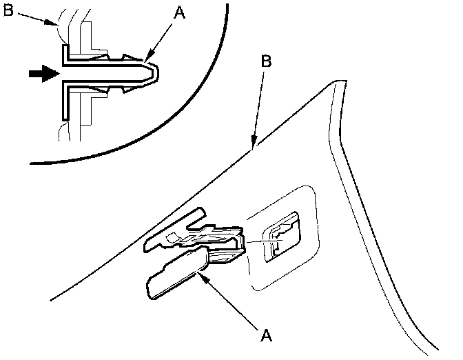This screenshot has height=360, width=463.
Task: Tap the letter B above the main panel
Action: (x=267, y=61)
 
